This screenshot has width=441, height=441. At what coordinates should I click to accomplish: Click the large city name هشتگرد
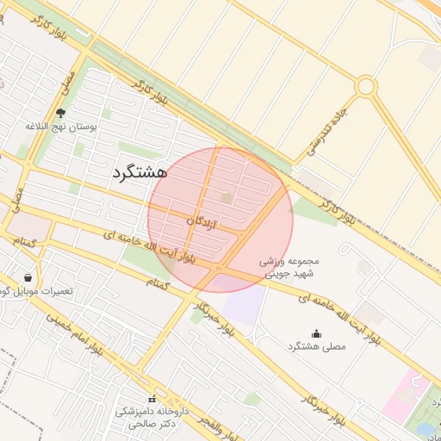[139, 171]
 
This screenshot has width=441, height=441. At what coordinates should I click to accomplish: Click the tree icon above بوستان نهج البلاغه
[59, 113]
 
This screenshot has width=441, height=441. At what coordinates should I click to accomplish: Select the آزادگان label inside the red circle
[201, 221]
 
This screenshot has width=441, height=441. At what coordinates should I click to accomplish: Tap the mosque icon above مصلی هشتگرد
[315, 333]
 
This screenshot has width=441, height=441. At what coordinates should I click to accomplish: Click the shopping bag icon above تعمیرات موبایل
[29, 278]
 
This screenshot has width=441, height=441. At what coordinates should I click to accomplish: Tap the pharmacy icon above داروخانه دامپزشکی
[152, 400]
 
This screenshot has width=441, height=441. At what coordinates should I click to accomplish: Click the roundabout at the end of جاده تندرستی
[366, 86]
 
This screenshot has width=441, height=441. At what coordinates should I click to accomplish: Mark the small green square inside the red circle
[227, 198]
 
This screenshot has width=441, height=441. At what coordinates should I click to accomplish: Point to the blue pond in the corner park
[426, 427]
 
